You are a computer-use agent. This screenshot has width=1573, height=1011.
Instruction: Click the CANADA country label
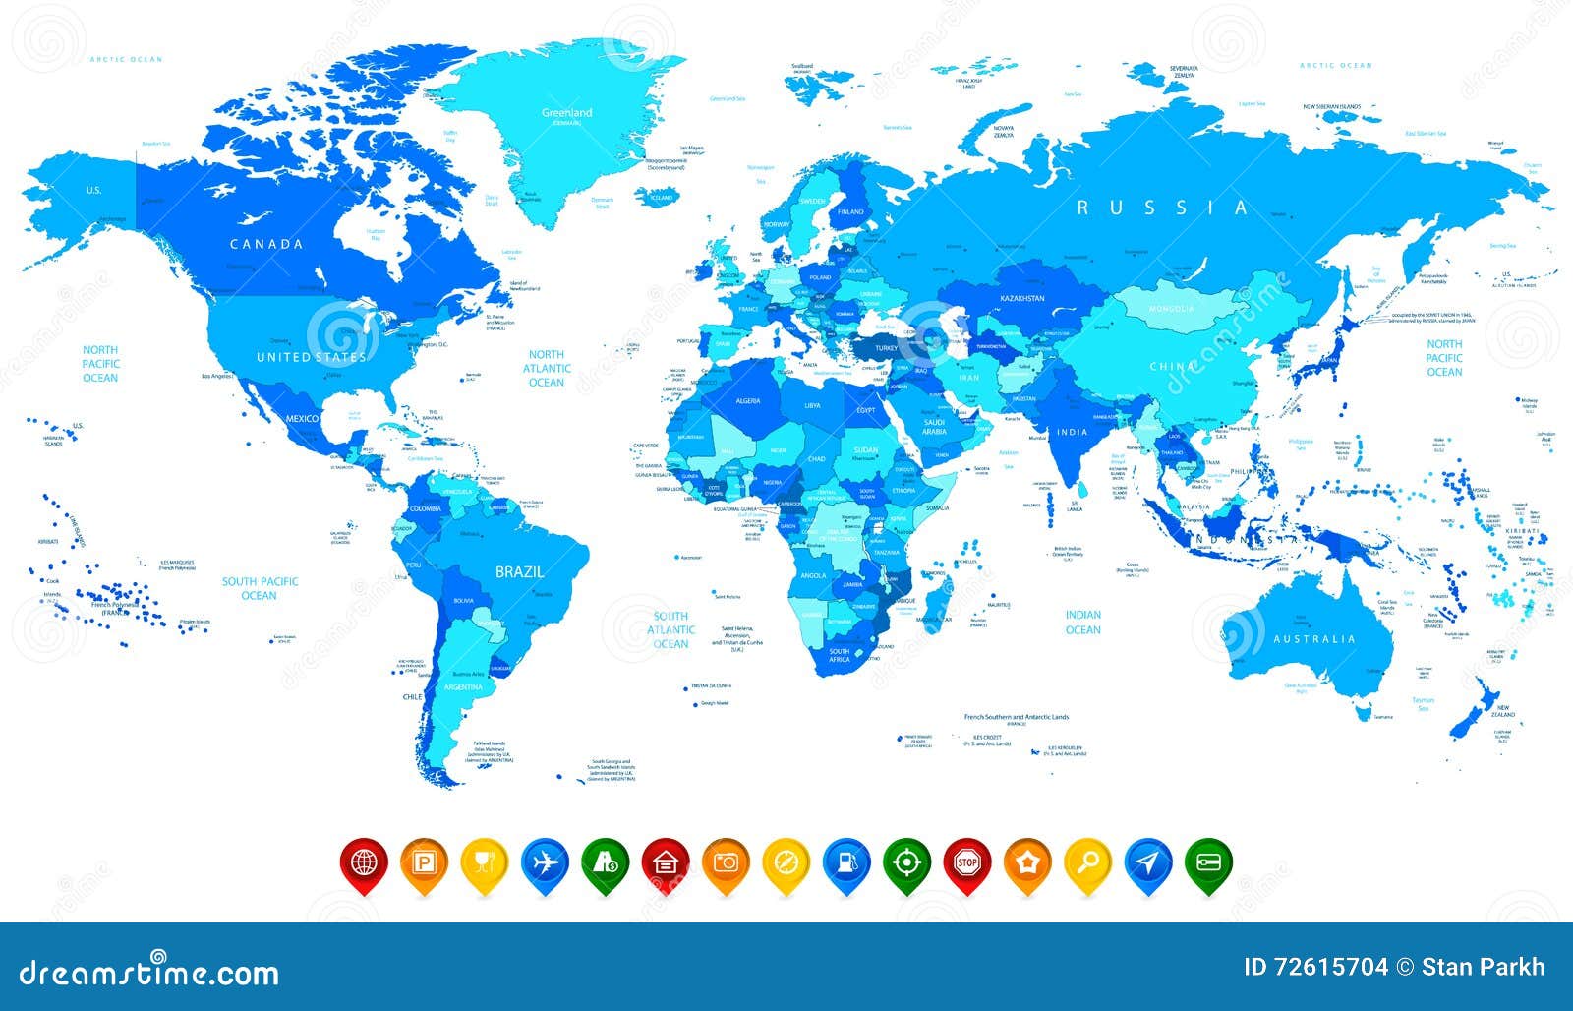(x=266, y=244)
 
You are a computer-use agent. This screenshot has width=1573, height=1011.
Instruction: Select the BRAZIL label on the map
(x=519, y=571)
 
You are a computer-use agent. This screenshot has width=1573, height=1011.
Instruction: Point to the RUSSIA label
(x=1163, y=208)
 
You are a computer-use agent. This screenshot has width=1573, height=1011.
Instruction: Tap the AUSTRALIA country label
(x=1314, y=639)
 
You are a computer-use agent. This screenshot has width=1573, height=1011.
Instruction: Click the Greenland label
(x=566, y=113)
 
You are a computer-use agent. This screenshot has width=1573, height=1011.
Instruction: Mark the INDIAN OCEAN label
(x=1082, y=623)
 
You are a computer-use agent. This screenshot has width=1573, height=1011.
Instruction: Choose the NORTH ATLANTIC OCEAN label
(x=547, y=368)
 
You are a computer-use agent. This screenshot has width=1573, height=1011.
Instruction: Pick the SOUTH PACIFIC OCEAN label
(x=259, y=588)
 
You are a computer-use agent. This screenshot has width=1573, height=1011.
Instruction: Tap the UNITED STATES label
(x=311, y=357)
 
